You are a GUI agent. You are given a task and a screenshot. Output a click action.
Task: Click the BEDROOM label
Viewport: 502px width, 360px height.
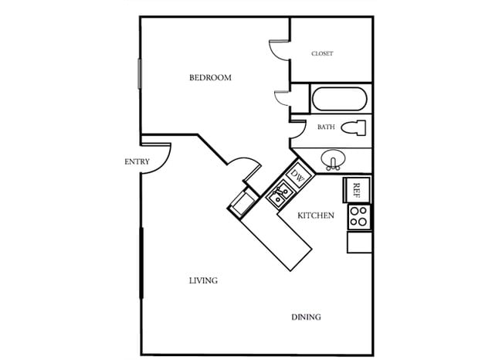point(211,78)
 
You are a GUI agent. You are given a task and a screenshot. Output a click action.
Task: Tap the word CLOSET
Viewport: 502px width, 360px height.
point(322,53)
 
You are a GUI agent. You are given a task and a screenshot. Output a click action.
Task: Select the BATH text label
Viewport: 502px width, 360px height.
point(326,127)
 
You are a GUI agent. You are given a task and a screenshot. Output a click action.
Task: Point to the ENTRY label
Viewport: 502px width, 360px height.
point(137,161)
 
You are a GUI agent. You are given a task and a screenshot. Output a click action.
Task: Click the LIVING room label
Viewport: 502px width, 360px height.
point(203,280)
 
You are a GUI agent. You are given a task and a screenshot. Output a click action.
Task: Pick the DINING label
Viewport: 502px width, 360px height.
point(306,318)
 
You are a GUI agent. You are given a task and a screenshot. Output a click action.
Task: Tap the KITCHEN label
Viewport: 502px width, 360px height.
point(316,216)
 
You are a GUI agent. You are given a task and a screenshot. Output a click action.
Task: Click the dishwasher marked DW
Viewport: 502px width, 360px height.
point(298,176)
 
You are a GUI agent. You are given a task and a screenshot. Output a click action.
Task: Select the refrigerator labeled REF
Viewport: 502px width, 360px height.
point(357,189)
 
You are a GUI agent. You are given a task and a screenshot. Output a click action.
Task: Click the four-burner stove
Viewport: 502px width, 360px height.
point(358,216)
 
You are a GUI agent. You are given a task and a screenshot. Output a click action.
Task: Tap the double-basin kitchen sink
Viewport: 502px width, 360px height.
point(278,194)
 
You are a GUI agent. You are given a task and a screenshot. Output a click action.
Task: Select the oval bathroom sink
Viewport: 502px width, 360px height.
point(334,159)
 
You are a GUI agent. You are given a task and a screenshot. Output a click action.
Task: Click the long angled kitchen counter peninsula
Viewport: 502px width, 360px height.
point(276,240)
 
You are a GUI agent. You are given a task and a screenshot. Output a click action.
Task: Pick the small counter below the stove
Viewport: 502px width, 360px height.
point(359,242)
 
